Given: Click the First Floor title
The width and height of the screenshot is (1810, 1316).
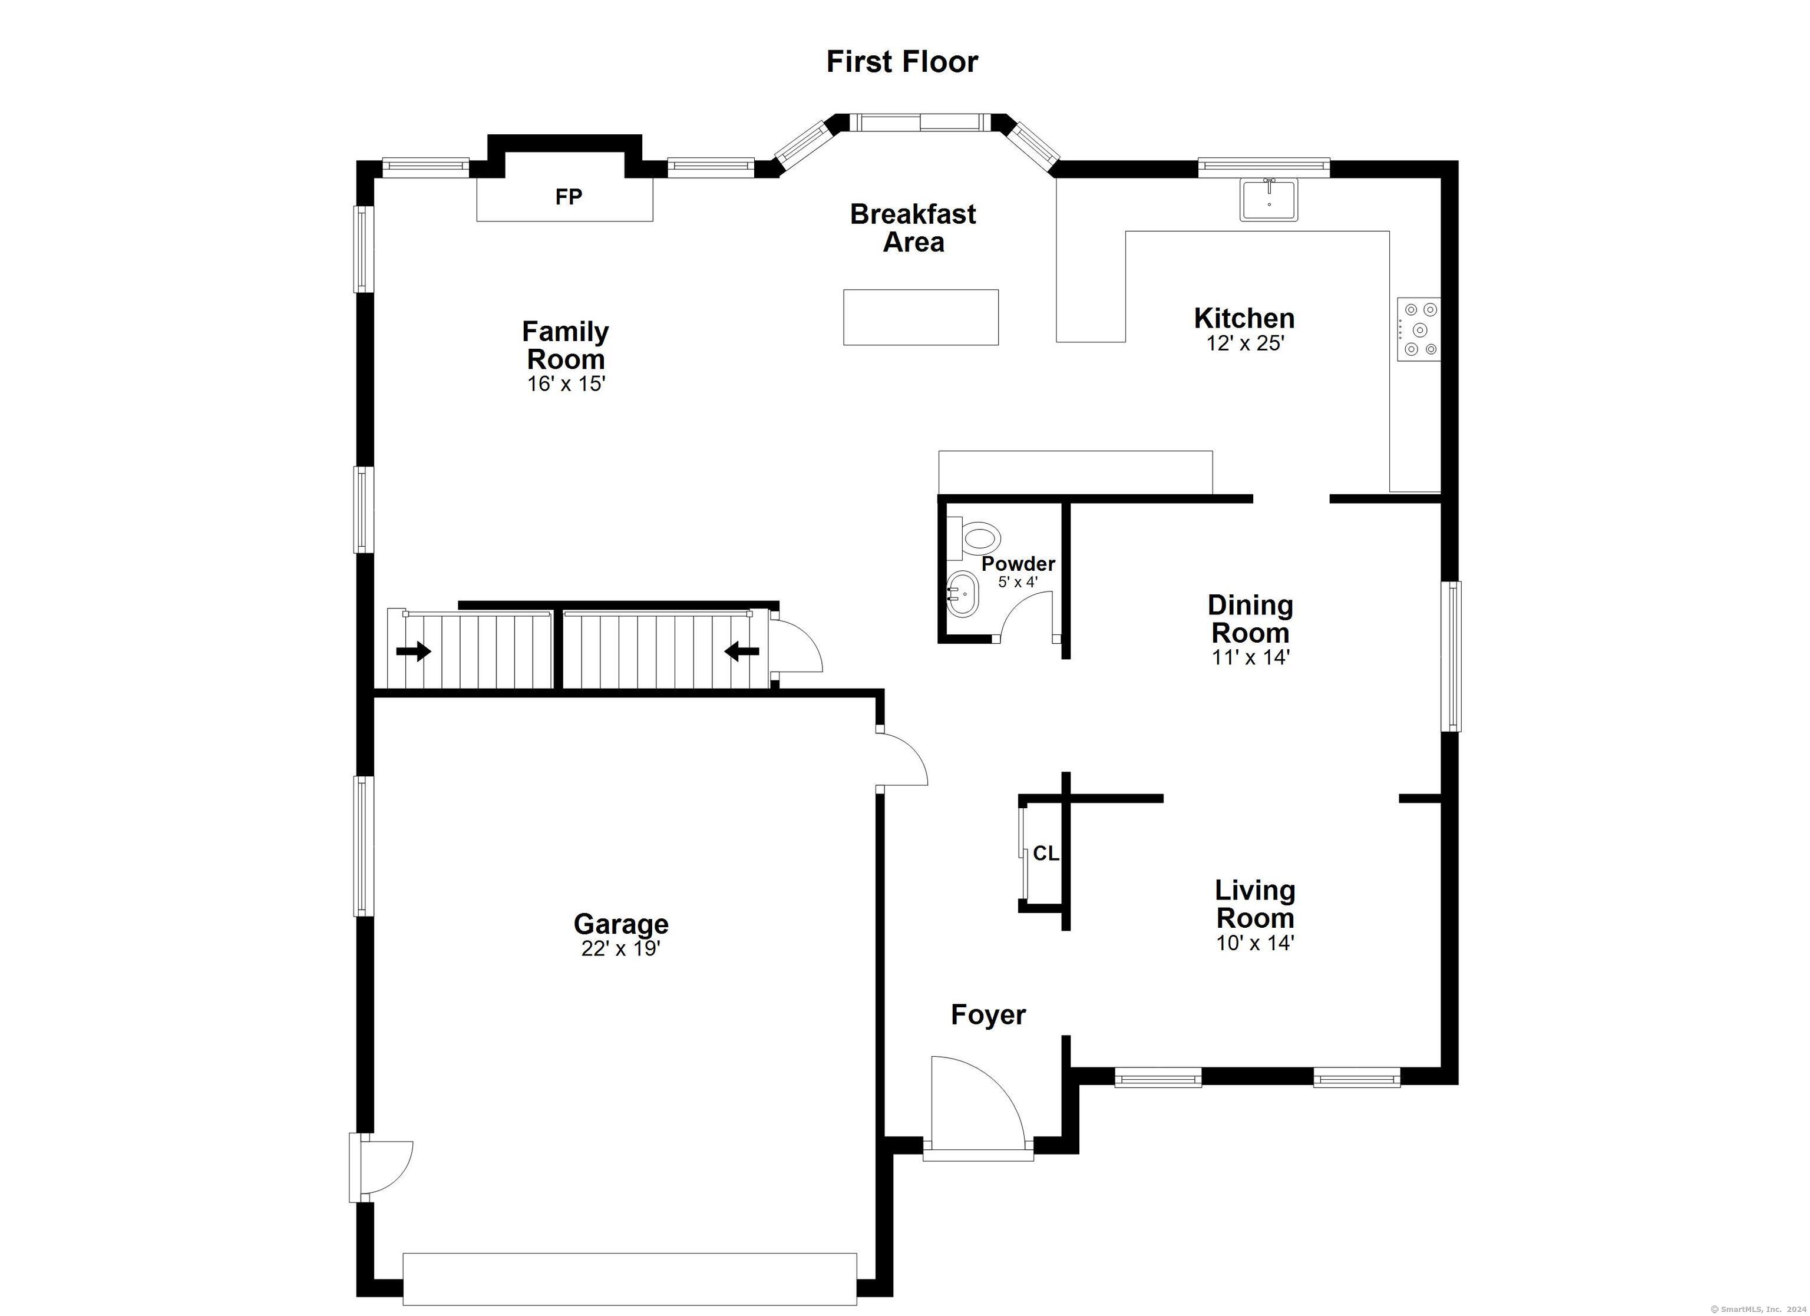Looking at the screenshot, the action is coord(902,61).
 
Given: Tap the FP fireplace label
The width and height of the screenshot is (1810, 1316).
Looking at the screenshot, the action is coord(569,196).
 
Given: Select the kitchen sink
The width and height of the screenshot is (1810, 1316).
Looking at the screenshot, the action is coord(1269,200).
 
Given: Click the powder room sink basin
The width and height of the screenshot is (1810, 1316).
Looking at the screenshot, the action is coord(963,594).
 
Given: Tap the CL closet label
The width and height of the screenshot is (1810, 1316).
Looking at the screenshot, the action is coord(1045,854).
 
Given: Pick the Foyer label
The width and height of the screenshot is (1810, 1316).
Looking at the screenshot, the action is coord(988,1014).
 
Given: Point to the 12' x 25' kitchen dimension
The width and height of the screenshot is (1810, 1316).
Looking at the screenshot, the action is coord(1244,343).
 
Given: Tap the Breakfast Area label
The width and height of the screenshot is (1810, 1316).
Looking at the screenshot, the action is coord(913,227).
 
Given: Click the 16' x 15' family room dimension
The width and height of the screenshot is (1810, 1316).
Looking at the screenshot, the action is coord(566,384).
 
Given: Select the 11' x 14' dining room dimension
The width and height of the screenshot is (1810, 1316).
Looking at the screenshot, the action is coord(1250,657).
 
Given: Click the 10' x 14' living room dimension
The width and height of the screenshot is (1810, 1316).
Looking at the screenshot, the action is coord(1254,943).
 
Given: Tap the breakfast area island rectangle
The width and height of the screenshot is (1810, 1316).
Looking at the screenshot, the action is coord(921,318).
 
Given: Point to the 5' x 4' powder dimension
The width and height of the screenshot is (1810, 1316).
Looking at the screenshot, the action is coord(1018,582).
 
